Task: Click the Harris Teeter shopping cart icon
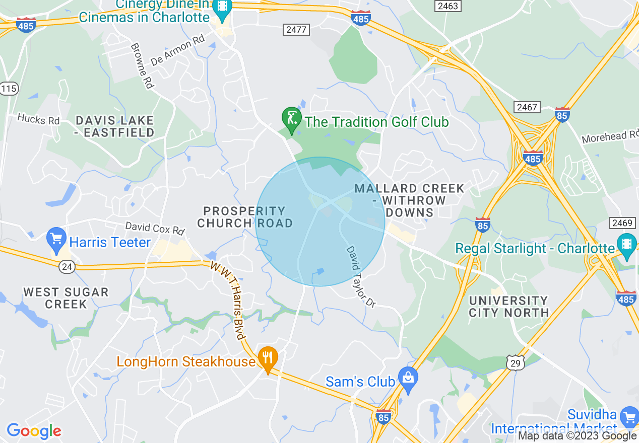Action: click(x=56, y=239)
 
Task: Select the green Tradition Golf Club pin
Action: click(x=291, y=119)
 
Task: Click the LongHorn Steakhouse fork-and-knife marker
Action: click(x=268, y=358)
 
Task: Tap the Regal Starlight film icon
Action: click(x=626, y=245)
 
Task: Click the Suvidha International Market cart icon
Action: click(x=629, y=416)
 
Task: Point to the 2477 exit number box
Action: click(x=296, y=30)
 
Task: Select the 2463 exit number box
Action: click(x=449, y=6)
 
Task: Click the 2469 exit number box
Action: click(x=623, y=223)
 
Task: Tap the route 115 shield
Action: click(x=9, y=89)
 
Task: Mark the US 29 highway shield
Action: click(x=516, y=362)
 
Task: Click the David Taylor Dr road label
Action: click(x=360, y=276)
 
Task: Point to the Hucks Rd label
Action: click(x=38, y=119)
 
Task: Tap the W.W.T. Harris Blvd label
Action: click(x=228, y=300)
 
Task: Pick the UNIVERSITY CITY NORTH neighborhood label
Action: click(x=508, y=306)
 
